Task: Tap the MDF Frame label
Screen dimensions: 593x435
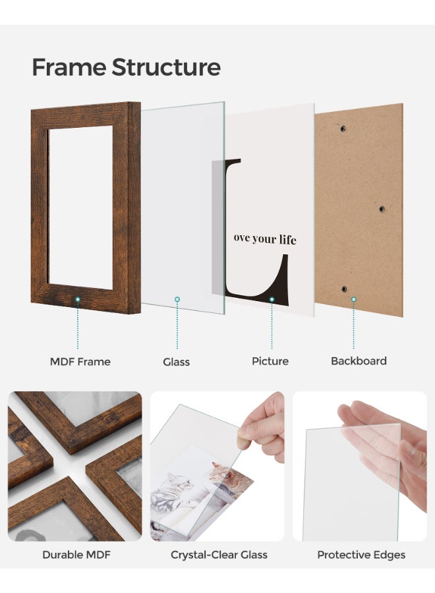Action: (80, 361)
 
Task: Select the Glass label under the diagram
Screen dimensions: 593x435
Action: (176, 362)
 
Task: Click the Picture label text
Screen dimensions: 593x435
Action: (270, 361)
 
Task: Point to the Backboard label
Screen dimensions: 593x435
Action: (359, 361)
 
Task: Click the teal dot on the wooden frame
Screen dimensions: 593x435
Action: (78, 300)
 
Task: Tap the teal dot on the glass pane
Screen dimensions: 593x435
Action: (177, 300)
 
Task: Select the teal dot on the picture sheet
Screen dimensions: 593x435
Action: (271, 300)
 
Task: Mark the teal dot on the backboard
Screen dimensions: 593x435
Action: (353, 300)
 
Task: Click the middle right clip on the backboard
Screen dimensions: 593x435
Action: (381, 209)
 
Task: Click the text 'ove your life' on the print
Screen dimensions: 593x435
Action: (265, 239)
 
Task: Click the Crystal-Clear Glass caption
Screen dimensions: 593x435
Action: (219, 555)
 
